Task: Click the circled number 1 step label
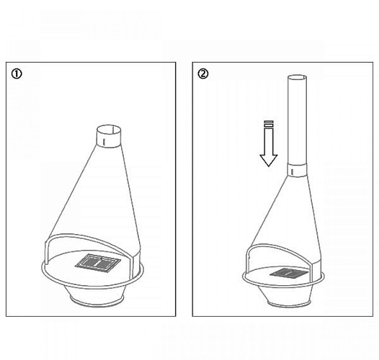17,74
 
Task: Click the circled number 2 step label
202,73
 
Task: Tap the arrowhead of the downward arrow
269,160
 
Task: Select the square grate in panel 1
98,262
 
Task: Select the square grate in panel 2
289,274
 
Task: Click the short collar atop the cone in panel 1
109,136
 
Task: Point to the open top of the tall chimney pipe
297,78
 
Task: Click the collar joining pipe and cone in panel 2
297,170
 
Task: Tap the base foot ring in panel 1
98,302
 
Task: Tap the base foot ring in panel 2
289,303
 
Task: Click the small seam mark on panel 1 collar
104,142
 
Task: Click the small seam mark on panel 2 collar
293,172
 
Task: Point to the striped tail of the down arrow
269,124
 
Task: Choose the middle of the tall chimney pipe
297,121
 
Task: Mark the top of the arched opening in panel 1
80,235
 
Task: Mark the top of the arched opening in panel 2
271,246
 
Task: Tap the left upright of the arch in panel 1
46,251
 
